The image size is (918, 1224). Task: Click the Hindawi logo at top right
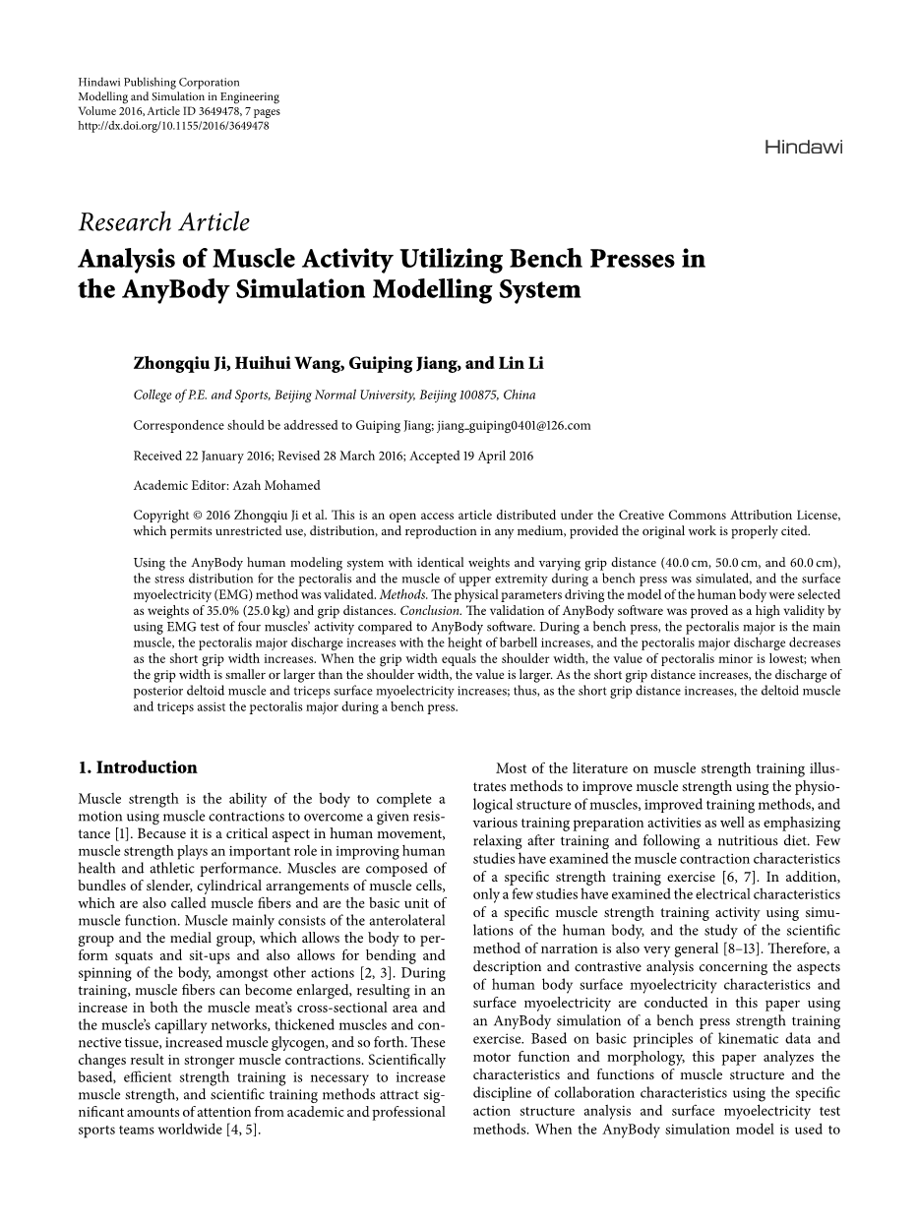[803, 148]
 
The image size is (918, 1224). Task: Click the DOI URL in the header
[173, 126]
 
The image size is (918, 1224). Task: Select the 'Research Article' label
[163, 223]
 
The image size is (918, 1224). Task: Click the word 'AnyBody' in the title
[155, 290]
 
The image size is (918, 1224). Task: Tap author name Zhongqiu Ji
[181, 364]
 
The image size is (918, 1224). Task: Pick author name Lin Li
[522, 364]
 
